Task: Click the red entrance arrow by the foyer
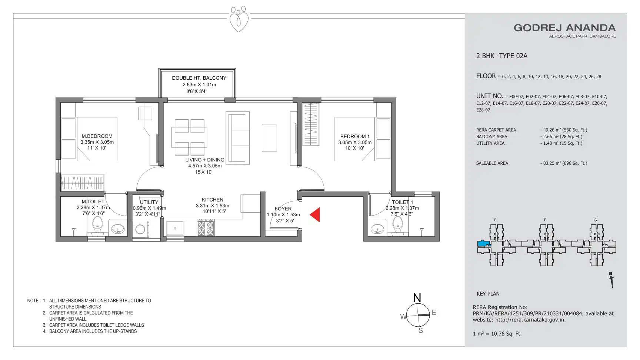(x=315, y=215)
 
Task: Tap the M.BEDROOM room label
(x=97, y=136)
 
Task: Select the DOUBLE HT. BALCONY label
(x=199, y=78)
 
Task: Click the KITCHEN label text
(x=213, y=200)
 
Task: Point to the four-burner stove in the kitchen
(x=206, y=227)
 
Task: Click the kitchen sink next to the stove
(x=175, y=228)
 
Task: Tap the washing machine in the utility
(x=141, y=229)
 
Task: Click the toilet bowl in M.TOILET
(x=97, y=225)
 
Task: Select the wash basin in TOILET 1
(x=377, y=229)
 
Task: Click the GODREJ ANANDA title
(x=564, y=28)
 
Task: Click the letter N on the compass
(x=417, y=298)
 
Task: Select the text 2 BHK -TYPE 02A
(x=502, y=56)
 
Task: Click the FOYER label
(x=283, y=209)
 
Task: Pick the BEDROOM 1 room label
(x=355, y=136)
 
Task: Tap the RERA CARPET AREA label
(x=496, y=130)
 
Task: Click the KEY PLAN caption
(x=488, y=294)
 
